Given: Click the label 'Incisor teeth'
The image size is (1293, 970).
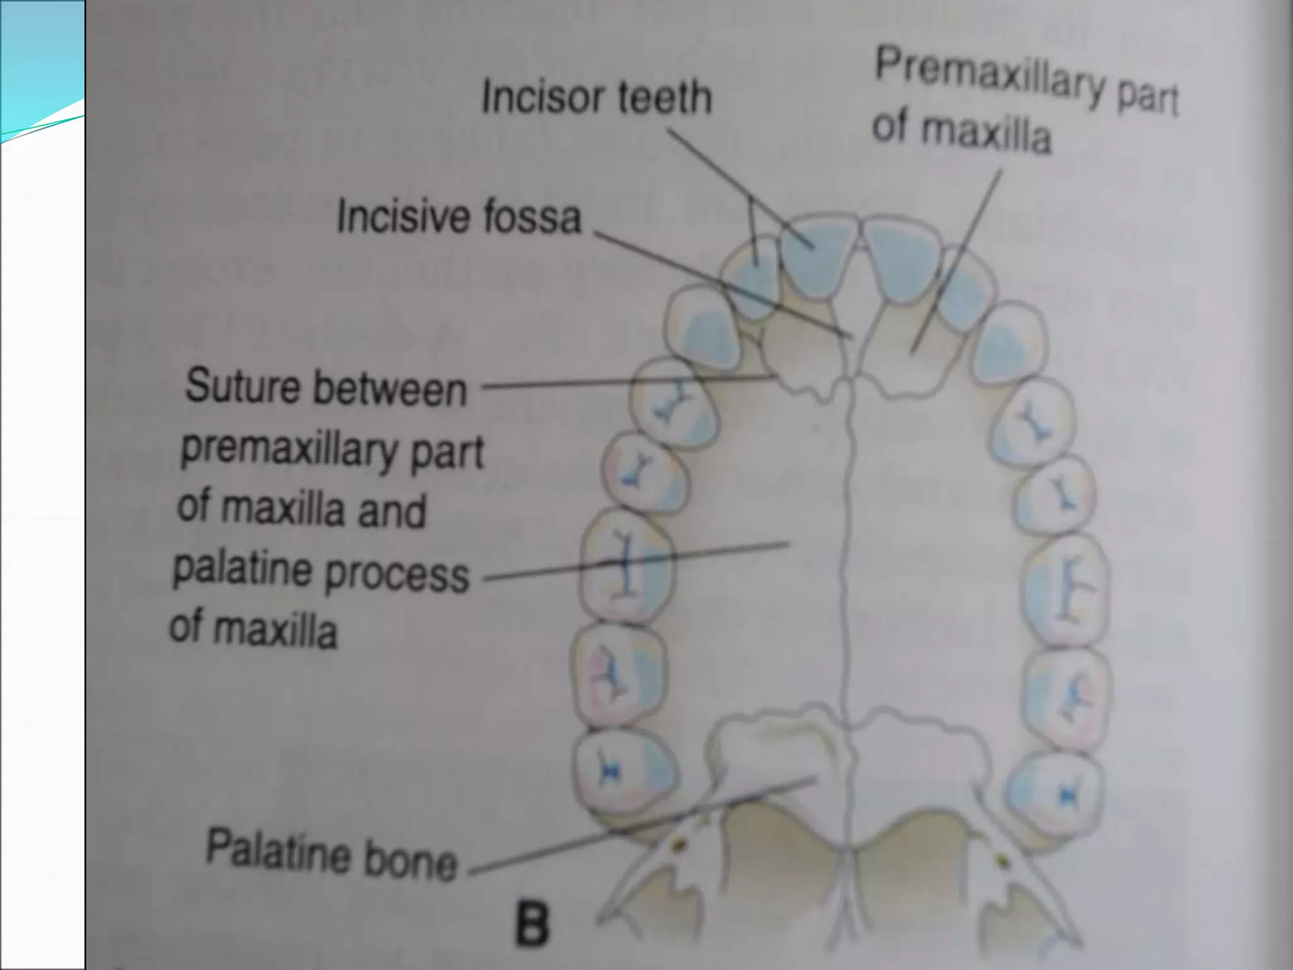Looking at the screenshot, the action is click(x=596, y=99).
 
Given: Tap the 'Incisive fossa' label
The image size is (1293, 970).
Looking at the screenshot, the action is click(x=459, y=217).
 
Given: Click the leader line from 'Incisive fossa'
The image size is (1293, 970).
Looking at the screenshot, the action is click(x=720, y=284).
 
